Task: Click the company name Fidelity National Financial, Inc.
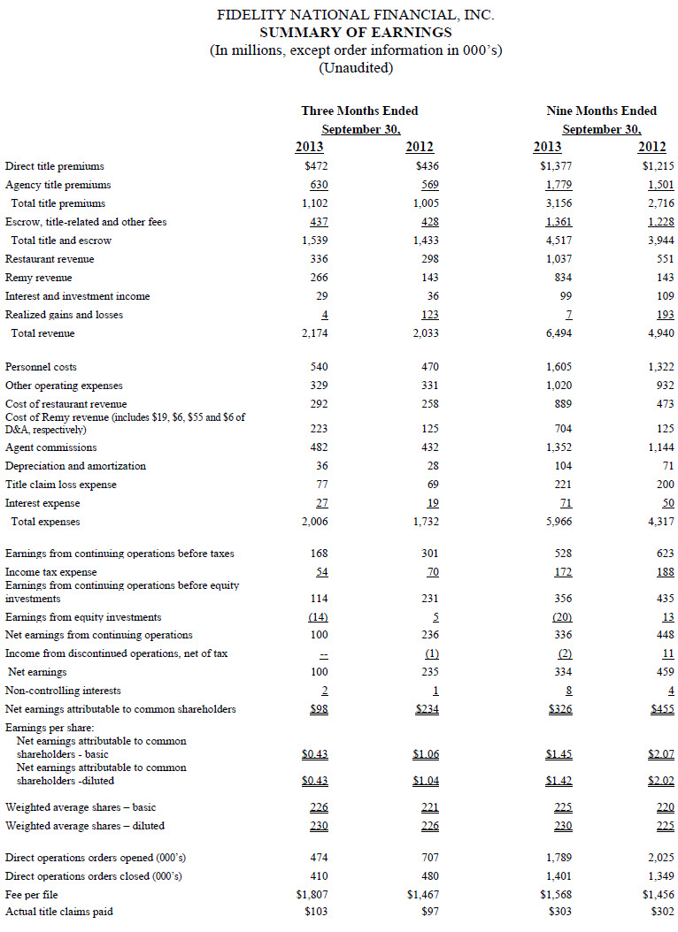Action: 356,15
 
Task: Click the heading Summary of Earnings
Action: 356,32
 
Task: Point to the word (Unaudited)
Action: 356,67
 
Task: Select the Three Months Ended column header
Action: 359,111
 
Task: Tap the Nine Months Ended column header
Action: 602,111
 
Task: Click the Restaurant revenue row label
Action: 50,259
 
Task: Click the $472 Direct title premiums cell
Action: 316,166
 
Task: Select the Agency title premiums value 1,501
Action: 659,185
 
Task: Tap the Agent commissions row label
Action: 51,447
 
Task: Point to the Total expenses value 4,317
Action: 659,522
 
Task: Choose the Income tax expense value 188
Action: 664,572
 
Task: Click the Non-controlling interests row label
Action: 63,691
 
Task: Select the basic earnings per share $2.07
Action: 660,754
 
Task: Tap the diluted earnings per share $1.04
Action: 426,781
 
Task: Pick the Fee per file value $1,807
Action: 312,895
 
